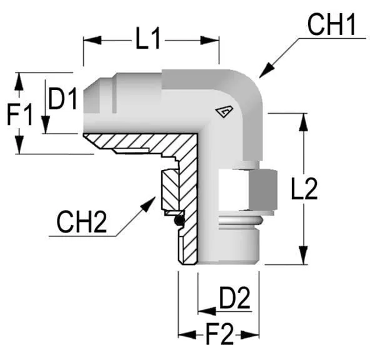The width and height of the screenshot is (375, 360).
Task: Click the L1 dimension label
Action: coord(147,39)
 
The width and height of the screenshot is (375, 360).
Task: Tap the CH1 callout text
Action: coord(331,24)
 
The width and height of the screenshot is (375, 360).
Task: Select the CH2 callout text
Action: coord(81,222)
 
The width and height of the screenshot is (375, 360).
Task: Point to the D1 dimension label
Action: coord(62,99)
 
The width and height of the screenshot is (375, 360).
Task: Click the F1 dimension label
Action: coord(19,114)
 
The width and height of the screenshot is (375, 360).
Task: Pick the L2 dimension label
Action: coord(304,189)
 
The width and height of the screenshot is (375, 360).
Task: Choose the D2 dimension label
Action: coord(235,297)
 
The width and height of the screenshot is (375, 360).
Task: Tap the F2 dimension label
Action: coord(219,334)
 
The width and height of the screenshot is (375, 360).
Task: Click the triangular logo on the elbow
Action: coord(224,112)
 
